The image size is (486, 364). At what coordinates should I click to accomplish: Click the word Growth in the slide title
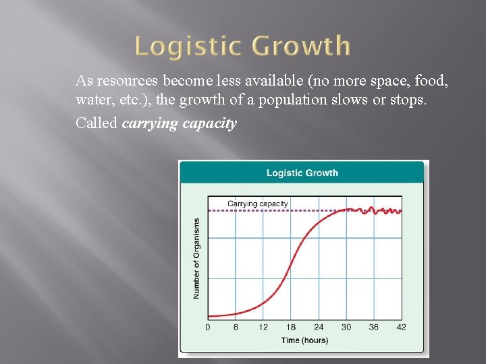pyautogui.click(x=300, y=47)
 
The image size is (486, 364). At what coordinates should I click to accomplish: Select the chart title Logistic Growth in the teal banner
pyautogui.click(x=302, y=173)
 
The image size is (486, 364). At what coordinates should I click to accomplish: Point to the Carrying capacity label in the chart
pyautogui.click(x=258, y=204)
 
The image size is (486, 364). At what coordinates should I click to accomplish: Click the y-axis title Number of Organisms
pyautogui.click(x=196, y=258)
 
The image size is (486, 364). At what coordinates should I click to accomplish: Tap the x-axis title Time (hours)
pyautogui.click(x=304, y=340)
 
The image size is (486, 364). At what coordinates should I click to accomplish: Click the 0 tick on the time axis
pyautogui.click(x=207, y=327)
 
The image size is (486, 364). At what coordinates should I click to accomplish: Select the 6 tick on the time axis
pyautogui.click(x=236, y=327)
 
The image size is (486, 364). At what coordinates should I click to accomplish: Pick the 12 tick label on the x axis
pyautogui.click(x=263, y=327)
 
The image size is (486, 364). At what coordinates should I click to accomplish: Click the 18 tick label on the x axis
pyautogui.click(x=291, y=327)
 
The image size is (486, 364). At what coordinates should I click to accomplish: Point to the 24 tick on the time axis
pyautogui.click(x=319, y=327)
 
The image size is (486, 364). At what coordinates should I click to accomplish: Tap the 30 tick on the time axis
pyautogui.click(x=346, y=327)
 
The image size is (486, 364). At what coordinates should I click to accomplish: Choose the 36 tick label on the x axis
pyautogui.click(x=374, y=327)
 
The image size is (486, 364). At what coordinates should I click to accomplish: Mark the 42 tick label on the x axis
pyautogui.click(x=402, y=327)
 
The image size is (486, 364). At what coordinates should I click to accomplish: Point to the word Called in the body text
pyautogui.click(x=97, y=123)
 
